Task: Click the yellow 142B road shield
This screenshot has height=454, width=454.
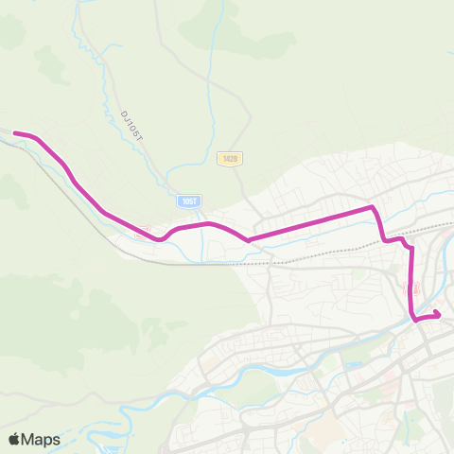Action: pyautogui.click(x=229, y=159)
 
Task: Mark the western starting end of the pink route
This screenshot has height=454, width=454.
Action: pyautogui.click(x=15, y=134)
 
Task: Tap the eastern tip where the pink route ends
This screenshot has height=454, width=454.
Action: pyautogui.click(x=439, y=314)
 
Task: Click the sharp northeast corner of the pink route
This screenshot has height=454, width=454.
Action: pyautogui.click(x=374, y=207)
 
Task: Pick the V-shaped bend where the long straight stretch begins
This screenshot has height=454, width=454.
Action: pyautogui.click(x=248, y=239)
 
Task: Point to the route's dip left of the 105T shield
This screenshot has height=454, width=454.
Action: pyautogui.click(x=161, y=238)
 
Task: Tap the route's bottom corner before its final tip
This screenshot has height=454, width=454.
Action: pyautogui.click(x=416, y=319)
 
